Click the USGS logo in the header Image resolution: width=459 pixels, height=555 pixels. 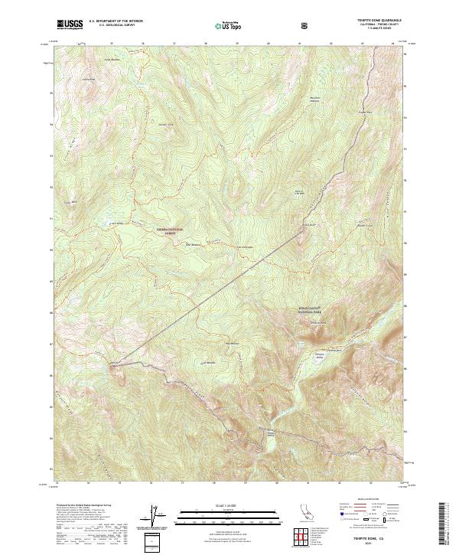tap(70, 24)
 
